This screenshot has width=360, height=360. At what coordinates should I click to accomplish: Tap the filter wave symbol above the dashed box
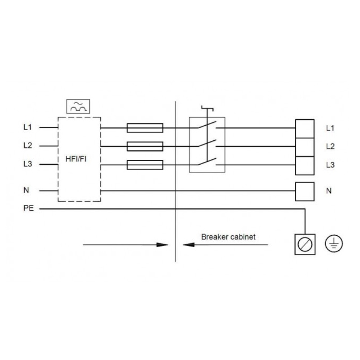pos(78,106)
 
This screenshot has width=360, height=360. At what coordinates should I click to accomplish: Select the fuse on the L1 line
pos(145,128)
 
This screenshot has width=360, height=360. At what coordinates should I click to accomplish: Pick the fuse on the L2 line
pos(145,146)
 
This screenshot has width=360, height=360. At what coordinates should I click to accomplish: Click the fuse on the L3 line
pos(145,165)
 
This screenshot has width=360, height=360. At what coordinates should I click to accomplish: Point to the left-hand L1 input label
pos(27,128)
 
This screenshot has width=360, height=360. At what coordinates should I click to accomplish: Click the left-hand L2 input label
pos(27,146)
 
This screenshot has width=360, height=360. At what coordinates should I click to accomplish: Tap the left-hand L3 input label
pos(27,165)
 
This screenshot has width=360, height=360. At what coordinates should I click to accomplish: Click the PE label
pos(28,209)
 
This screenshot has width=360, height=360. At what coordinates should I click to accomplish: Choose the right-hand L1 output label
pos(330,128)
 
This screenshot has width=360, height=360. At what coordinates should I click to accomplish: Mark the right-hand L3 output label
pos(330,165)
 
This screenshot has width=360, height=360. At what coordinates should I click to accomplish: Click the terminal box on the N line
pos(304,191)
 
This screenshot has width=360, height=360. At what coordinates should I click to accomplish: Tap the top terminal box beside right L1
pos(304,128)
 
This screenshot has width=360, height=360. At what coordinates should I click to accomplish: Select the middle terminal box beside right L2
pos(304,147)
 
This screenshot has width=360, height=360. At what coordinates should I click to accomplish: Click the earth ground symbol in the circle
pos(334,244)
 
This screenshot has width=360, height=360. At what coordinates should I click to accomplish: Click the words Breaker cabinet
pos(229,237)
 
